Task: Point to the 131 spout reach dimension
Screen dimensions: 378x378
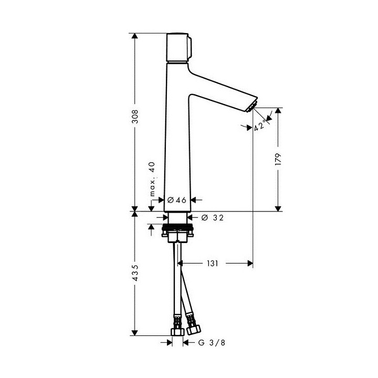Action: [x=212, y=262]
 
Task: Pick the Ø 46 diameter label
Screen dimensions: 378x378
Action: [x=177, y=199]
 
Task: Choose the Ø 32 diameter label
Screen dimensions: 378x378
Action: [x=211, y=217]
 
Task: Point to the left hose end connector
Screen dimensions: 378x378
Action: [x=176, y=330]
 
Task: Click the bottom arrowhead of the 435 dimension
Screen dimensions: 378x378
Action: [x=135, y=331]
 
